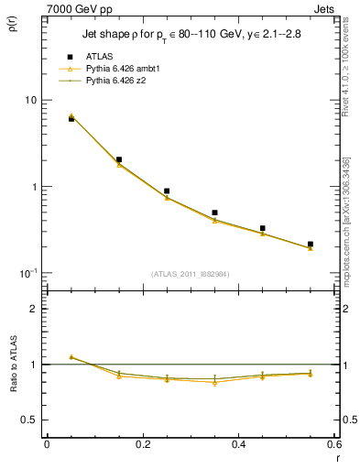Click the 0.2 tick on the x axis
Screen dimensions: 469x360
(142, 443)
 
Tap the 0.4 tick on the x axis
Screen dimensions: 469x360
(238, 443)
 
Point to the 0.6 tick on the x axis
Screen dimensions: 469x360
(333, 443)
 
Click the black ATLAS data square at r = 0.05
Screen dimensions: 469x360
(71, 119)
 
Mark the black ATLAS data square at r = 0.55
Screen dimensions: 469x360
(311, 245)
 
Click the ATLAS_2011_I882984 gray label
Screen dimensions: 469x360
(190, 274)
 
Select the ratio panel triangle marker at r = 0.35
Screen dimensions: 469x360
(214, 383)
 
